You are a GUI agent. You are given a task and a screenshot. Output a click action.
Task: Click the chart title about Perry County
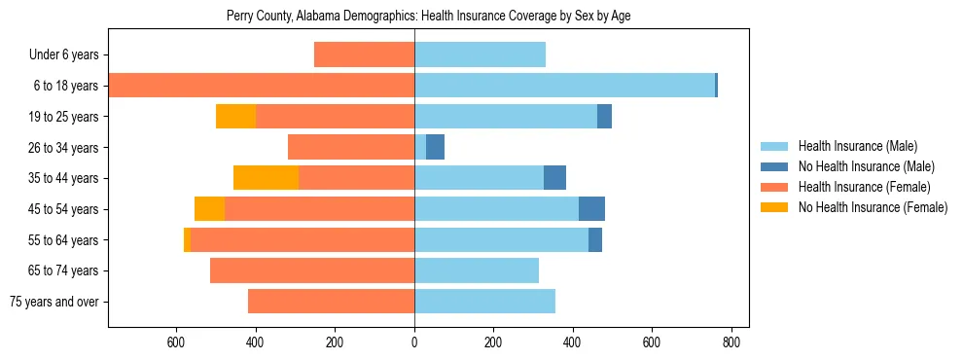(428, 17)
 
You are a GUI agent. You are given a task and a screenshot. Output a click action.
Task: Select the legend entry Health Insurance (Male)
(856, 146)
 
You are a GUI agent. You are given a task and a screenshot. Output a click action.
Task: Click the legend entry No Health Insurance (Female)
(873, 207)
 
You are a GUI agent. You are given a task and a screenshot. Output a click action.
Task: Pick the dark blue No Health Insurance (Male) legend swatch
(774, 166)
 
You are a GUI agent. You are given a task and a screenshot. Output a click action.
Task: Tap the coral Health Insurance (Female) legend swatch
(774, 187)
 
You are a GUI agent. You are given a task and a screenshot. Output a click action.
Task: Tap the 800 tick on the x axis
(731, 342)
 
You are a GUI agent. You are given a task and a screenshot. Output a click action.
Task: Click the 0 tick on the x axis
(414, 342)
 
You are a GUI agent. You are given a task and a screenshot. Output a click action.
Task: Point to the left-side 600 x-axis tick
(176, 342)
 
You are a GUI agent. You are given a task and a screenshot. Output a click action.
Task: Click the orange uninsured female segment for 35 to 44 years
(266, 178)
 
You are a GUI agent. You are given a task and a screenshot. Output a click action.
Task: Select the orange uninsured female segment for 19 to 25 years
(235, 117)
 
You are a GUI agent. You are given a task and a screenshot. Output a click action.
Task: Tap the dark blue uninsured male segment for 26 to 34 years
(436, 147)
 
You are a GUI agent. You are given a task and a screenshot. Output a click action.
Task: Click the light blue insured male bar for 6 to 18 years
(564, 86)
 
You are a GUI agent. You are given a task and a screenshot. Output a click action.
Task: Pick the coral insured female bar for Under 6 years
(364, 54)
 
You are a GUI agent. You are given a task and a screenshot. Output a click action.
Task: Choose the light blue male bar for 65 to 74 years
(477, 270)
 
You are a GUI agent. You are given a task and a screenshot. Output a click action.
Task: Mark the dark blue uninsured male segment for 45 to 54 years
(591, 209)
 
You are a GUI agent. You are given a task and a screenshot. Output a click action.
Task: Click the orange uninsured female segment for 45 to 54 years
(209, 209)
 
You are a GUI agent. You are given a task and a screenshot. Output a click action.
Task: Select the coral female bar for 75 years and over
(331, 302)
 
